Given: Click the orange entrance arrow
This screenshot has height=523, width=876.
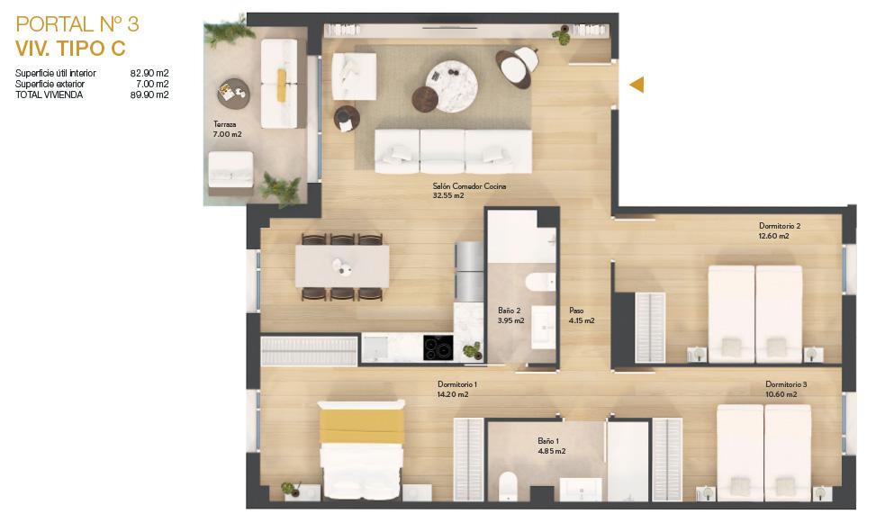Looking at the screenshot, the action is point(637,85).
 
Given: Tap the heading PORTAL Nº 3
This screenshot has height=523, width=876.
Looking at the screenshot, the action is point(77,24).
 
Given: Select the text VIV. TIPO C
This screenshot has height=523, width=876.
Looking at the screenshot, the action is point(70,49).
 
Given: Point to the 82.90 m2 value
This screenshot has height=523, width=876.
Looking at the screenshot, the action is point(149,73).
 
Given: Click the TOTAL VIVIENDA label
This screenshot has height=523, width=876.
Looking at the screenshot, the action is point(50,95).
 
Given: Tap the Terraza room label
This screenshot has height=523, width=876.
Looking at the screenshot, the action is point(224,124).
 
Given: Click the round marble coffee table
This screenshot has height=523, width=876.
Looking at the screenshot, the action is point(451,86).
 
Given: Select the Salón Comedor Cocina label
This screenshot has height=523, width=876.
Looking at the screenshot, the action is point(469,186).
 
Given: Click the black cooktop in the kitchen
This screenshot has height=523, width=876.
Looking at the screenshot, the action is point(438,347).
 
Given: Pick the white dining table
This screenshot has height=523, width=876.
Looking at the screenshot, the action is point(342,266).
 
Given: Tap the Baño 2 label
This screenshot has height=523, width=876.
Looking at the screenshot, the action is point(510,311).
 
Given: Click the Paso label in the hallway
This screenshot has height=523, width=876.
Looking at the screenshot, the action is point(576,311).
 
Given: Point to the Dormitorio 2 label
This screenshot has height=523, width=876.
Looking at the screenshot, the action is point(780,226).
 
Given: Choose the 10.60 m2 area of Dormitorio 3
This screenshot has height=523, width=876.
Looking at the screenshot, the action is point(781,394).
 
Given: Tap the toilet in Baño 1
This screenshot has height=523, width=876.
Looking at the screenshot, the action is point(508,485).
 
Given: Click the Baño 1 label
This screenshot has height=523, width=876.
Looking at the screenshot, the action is point(548,441).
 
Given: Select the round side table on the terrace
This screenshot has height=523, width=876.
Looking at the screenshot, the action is point(233,95).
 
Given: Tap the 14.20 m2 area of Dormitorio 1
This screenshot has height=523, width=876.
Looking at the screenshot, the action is point(453,394).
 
